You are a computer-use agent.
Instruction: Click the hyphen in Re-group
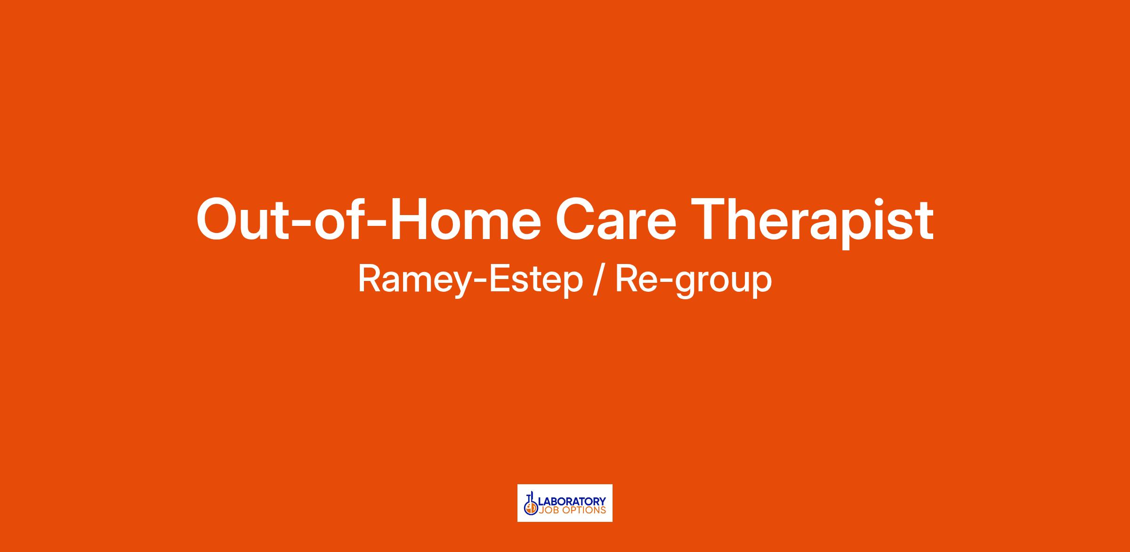coord(666,282)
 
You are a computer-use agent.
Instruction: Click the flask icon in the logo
coord(531,504)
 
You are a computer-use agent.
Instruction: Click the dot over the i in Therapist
coord(884,202)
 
